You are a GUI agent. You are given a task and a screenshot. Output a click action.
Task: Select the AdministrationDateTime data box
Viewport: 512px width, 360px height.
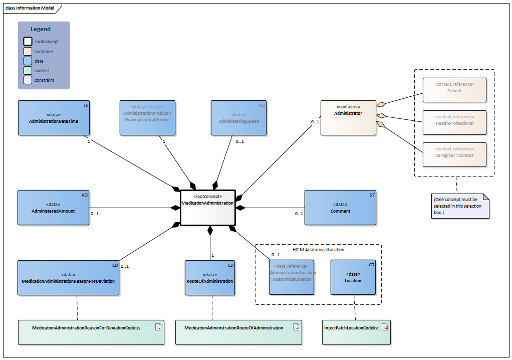click(x=54, y=118)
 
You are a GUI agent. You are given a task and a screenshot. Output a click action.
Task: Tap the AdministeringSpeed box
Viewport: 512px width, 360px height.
click(x=238, y=118)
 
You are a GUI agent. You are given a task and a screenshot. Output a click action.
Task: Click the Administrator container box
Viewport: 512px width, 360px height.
click(x=348, y=118)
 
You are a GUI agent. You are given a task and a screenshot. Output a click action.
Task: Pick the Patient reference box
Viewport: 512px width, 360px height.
click(x=454, y=90)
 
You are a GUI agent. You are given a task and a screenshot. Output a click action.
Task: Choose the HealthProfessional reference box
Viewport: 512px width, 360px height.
click(x=454, y=122)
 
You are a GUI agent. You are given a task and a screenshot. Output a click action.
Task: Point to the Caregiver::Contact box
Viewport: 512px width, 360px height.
click(x=454, y=154)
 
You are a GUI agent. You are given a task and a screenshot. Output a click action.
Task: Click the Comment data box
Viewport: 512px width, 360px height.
click(x=340, y=207)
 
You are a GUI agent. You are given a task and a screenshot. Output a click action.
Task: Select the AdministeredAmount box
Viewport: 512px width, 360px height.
click(x=54, y=207)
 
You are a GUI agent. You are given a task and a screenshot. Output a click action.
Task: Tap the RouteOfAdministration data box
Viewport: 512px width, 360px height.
click(x=210, y=277)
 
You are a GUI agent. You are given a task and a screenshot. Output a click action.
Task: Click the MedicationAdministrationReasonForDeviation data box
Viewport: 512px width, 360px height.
click(x=68, y=277)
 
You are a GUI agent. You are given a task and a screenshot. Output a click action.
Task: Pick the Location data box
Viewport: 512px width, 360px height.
click(x=353, y=277)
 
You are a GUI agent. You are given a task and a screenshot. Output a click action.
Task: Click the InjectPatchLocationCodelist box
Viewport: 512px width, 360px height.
click(x=356, y=332)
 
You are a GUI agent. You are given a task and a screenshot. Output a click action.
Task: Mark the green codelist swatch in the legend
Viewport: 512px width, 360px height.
click(x=28, y=70)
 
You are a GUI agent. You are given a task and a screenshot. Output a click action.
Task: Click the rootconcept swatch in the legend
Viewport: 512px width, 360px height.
click(x=28, y=42)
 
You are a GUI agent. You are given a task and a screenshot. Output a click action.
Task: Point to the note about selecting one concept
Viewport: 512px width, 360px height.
click(x=460, y=206)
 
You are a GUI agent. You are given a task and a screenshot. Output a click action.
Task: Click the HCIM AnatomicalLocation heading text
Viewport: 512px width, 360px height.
click(x=318, y=249)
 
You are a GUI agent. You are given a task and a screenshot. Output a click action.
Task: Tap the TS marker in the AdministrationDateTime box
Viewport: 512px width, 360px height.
click(x=86, y=106)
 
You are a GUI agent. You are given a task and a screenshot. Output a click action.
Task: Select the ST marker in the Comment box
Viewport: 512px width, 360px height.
click(x=372, y=195)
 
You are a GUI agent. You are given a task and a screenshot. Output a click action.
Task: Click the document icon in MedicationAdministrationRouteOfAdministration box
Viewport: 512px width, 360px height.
click(x=296, y=327)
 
